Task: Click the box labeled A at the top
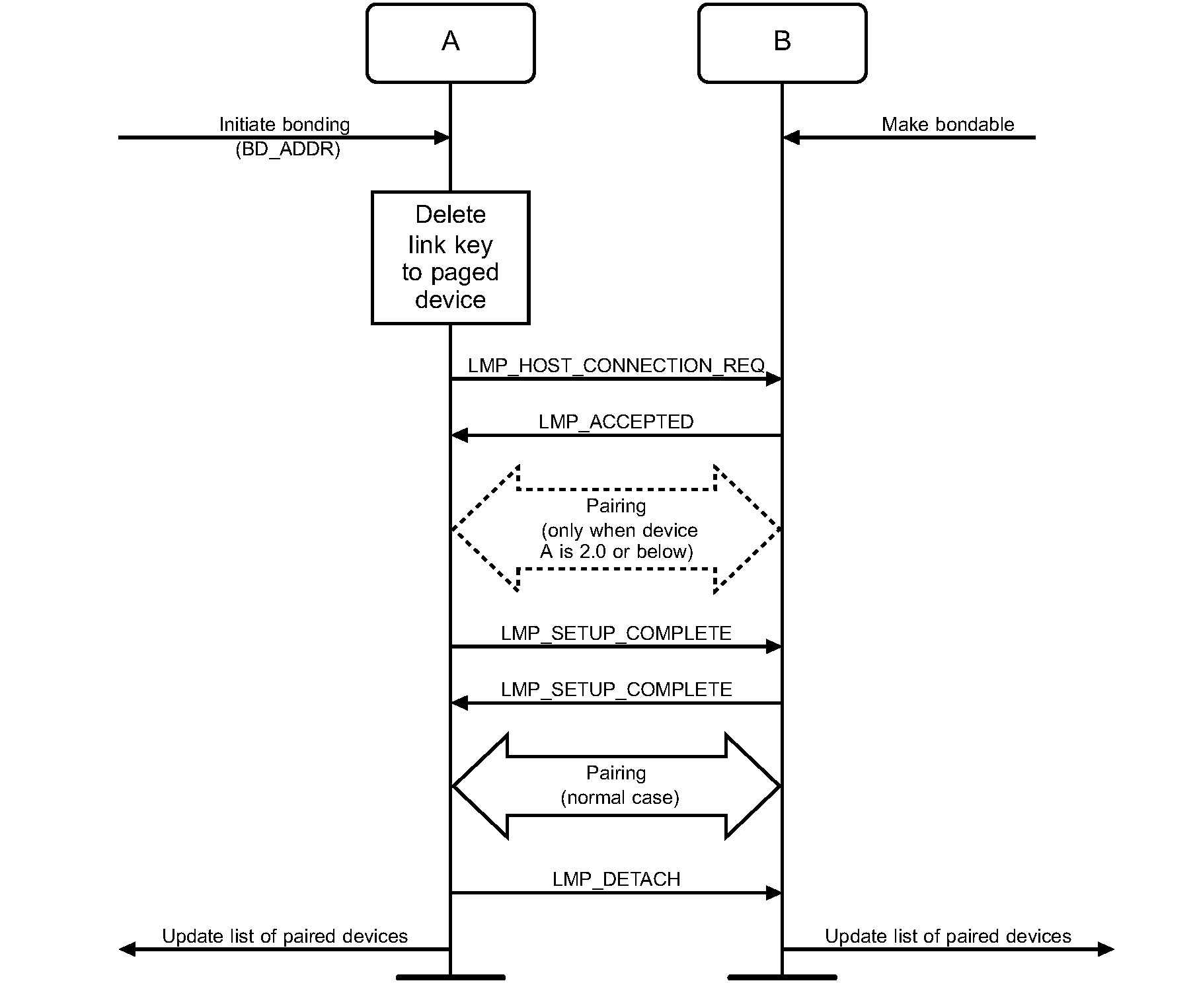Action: [450, 43]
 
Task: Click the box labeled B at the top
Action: [782, 43]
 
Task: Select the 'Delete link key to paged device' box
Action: [450, 257]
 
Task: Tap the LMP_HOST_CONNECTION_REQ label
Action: [616, 366]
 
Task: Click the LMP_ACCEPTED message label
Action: [616, 422]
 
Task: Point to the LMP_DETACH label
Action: [616, 879]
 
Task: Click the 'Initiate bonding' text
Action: [284, 124]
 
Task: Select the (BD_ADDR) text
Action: [288, 149]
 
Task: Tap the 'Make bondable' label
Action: [948, 124]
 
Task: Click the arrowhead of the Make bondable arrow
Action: [791, 138]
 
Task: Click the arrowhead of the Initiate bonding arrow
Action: [442, 138]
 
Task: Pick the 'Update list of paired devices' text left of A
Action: [284, 936]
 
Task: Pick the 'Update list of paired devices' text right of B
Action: [948, 936]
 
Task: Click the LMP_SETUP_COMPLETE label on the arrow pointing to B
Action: [616, 633]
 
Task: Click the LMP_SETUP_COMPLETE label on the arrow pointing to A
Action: [616, 689]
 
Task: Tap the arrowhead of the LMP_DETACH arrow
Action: [773, 893]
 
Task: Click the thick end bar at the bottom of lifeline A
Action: [450, 976]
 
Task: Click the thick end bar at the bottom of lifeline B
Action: [782, 976]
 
